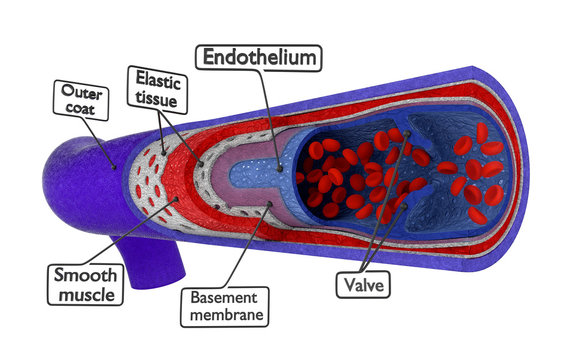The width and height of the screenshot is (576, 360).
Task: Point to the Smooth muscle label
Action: tap(86, 284)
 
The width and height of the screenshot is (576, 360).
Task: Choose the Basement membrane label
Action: tap(226, 305)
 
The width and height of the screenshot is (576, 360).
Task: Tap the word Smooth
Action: tap(86, 274)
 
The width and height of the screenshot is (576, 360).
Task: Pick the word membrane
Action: tap(226, 315)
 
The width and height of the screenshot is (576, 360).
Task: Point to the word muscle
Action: tap(86, 295)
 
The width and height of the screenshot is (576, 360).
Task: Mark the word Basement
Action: tap(226, 296)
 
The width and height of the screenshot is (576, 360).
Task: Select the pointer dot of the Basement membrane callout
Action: tap(270, 207)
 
